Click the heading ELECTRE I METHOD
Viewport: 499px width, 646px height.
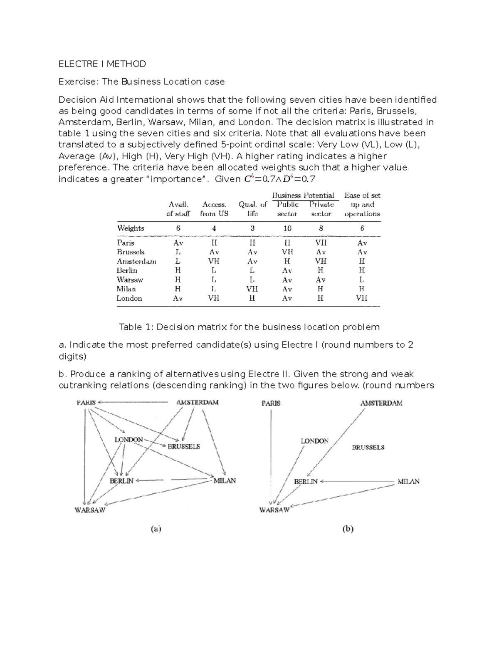click(x=102, y=64)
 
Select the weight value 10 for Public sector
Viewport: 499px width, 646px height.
click(x=287, y=228)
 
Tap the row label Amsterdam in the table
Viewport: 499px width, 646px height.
click(x=136, y=261)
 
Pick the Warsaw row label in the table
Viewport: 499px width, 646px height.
click(x=130, y=280)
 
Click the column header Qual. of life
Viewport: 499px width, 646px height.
click(x=252, y=209)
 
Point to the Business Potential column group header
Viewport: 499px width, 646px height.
click(x=303, y=195)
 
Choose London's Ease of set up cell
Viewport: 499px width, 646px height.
click(x=361, y=298)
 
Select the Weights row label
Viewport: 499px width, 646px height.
click(x=131, y=228)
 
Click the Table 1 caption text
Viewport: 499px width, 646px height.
click(x=249, y=327)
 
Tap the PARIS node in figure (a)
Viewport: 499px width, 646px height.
click(x=86, y=403)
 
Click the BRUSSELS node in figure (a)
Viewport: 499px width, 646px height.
click(x=183, y=446)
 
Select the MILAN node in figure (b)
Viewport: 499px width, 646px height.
click(x=408, y=481)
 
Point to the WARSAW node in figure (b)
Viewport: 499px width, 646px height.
click(x=274, y=510)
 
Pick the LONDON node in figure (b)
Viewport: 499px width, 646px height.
click(x=314, y=441)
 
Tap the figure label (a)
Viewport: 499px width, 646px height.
click(x=156, y=529)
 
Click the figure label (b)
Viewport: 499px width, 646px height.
click(x=348, y=529)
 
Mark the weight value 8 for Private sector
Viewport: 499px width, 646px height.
click(x=320, y=228)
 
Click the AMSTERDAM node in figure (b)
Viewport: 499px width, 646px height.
click(x=381, y=403)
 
